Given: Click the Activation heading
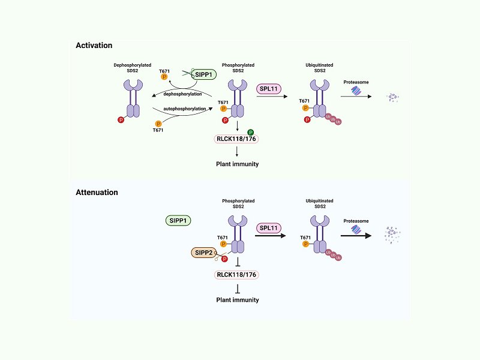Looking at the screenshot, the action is (94, 46).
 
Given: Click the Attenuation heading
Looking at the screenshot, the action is (97, 192).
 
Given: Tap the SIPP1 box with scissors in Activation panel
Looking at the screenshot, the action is (203, 74).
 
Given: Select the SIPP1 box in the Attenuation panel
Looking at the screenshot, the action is (178, 220).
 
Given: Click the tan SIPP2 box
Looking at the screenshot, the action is (203, 253).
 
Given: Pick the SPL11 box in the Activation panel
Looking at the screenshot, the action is (268, 89).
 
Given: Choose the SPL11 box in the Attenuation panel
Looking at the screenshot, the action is (268, 228).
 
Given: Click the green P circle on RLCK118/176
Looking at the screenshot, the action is (250, 132).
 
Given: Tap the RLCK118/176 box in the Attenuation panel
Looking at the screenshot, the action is (236, 275).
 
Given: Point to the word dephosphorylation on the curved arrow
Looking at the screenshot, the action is (182, 94).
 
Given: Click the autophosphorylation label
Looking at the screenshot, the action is (185, 109).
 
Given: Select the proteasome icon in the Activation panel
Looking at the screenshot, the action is (356, 91).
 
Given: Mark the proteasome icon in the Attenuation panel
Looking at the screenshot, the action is (356, 229).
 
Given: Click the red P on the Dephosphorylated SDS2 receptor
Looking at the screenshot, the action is (121, 119).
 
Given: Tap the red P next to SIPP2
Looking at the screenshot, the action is (224, 259).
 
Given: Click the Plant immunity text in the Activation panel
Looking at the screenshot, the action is (237, 164).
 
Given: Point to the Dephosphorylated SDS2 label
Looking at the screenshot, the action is (132, 68).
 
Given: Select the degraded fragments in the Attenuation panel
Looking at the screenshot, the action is (392, 235).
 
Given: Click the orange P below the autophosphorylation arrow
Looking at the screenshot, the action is (158, 124).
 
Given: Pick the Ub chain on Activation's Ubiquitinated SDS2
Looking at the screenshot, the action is (333, 119).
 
